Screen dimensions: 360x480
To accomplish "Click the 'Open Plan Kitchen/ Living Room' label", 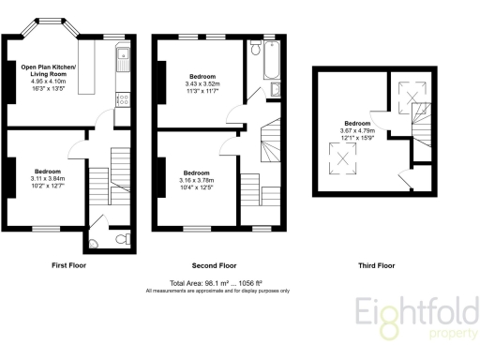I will pos(55,71).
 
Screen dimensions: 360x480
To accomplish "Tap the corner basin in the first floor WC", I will pos(92,244).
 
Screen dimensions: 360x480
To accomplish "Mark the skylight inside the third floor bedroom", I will pos(344,161).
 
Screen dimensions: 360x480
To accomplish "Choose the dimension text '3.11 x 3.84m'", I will pos(49,179).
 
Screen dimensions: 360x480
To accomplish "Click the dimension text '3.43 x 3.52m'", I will pos(202,82).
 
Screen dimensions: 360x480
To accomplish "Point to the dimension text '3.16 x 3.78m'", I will pos(197,180).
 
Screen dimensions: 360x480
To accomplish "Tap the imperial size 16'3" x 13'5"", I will pos(56,91).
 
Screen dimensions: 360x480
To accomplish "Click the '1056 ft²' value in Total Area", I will pos(273,283).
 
